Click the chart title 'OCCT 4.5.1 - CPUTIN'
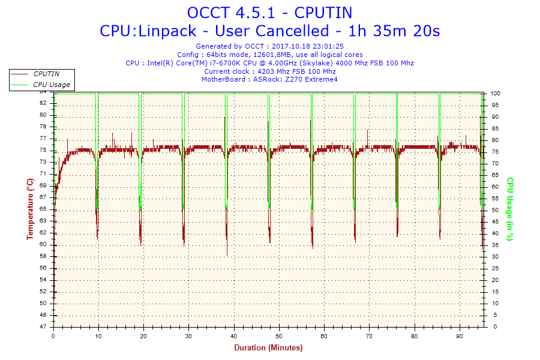pyautogui.click(x=269, y=13)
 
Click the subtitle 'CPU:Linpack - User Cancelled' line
pyautogui.click(x=269, y=31)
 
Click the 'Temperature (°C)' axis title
pyautogui.click(x=30, y=209)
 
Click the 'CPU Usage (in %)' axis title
pyautogui.click(x=510, y=209)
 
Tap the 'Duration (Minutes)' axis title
pyautogui.click(x=268, y=347)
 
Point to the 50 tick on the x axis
pyautogui.click(x=279, y=335)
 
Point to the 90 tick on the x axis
pyautogui.click(x=460, y=335)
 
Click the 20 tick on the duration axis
pyautogui.click(x=143, y=335)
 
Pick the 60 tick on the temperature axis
pyautogui.click(x=43, y=245)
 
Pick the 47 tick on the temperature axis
pyautogui.click(x=43, y=327)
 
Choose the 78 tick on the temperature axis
pyautogui.click(x=43, y=127)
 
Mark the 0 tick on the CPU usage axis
pyautogui.click(x=493, y=327)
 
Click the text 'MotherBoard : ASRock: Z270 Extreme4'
pyautogui.click(x=269, y=79)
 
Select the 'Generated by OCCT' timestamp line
pyautogui.click(x=269, y=46)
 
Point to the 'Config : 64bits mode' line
pyautogui.click(x=269, y=55)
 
